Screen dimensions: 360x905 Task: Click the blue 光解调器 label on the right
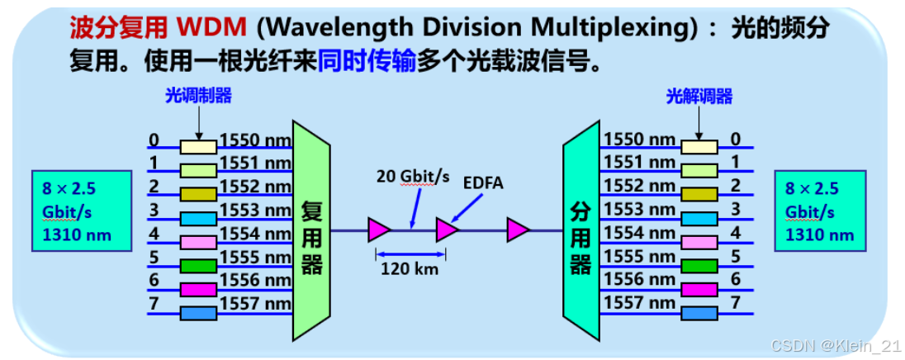click(699, 96)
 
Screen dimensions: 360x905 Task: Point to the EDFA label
click(483, 182)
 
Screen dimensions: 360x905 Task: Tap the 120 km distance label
click(410, 268)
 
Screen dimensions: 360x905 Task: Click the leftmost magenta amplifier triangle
click(379, 230)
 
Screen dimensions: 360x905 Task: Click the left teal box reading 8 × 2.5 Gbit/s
click(80, 211)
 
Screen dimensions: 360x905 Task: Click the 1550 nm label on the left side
click(255, 140)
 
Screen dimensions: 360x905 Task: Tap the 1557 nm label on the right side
click(640, 302)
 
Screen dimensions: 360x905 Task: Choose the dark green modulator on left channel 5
click(199, 267)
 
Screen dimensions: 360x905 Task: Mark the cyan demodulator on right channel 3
click(699, 218)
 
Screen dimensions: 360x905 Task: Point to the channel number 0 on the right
click(735, 140)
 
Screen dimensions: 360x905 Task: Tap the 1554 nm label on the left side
click(255, 233)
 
